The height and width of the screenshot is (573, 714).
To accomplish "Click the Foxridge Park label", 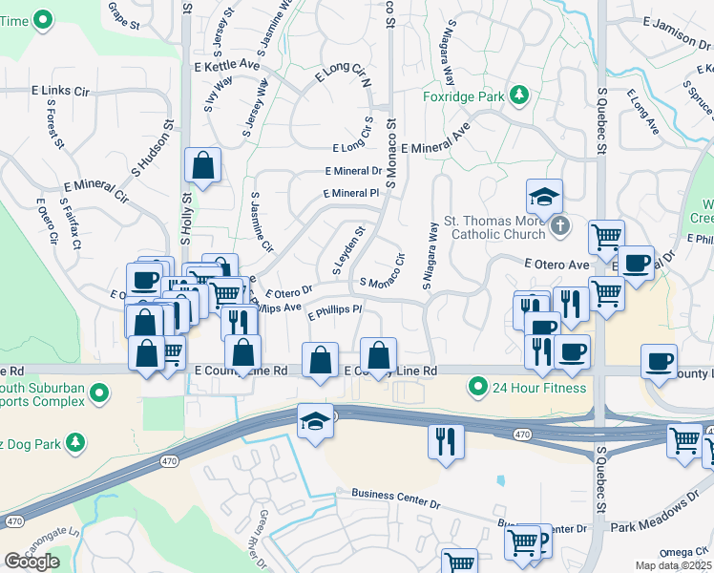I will tap(465, 95).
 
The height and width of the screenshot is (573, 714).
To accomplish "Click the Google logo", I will tap(31, 562).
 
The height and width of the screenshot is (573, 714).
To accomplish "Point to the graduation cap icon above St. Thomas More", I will tap(544, 198).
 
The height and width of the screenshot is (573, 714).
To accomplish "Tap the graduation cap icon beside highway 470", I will tap(314, 420).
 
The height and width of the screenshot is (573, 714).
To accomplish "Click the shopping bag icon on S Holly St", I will tap(203, 166).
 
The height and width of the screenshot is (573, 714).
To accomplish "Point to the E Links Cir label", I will tap(59, 90).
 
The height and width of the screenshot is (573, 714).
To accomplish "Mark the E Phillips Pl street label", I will tap(334, 310).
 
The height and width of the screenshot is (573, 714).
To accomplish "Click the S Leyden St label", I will tap(348, 250).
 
